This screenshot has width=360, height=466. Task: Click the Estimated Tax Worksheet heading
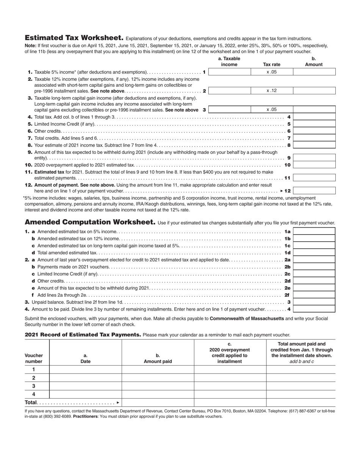(x=74, y=38)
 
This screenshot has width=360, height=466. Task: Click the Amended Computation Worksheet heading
(x=90, y=222)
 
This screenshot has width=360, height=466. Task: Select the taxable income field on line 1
(x=230, y=72)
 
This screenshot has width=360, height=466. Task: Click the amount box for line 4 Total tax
(x=314, y=117)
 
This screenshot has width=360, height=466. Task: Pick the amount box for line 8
(x=314, y=145)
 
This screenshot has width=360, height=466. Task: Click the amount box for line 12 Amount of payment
(x=314, y=191)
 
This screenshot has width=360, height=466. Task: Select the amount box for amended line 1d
(x=314, y=253)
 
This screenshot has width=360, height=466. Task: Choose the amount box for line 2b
(x=314, y=267)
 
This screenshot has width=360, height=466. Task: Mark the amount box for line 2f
(x=314, y=295)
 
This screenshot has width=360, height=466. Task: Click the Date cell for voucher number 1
(x=85, y=370)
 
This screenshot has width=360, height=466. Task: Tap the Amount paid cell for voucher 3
(x=158, y=386)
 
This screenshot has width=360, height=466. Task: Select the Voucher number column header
(x=34, y=358)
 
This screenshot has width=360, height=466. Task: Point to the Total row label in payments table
(x=31, y=402)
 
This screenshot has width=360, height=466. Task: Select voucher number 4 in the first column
(x=34, y=394)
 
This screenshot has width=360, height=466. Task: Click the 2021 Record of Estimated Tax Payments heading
(x=83, y=335)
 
